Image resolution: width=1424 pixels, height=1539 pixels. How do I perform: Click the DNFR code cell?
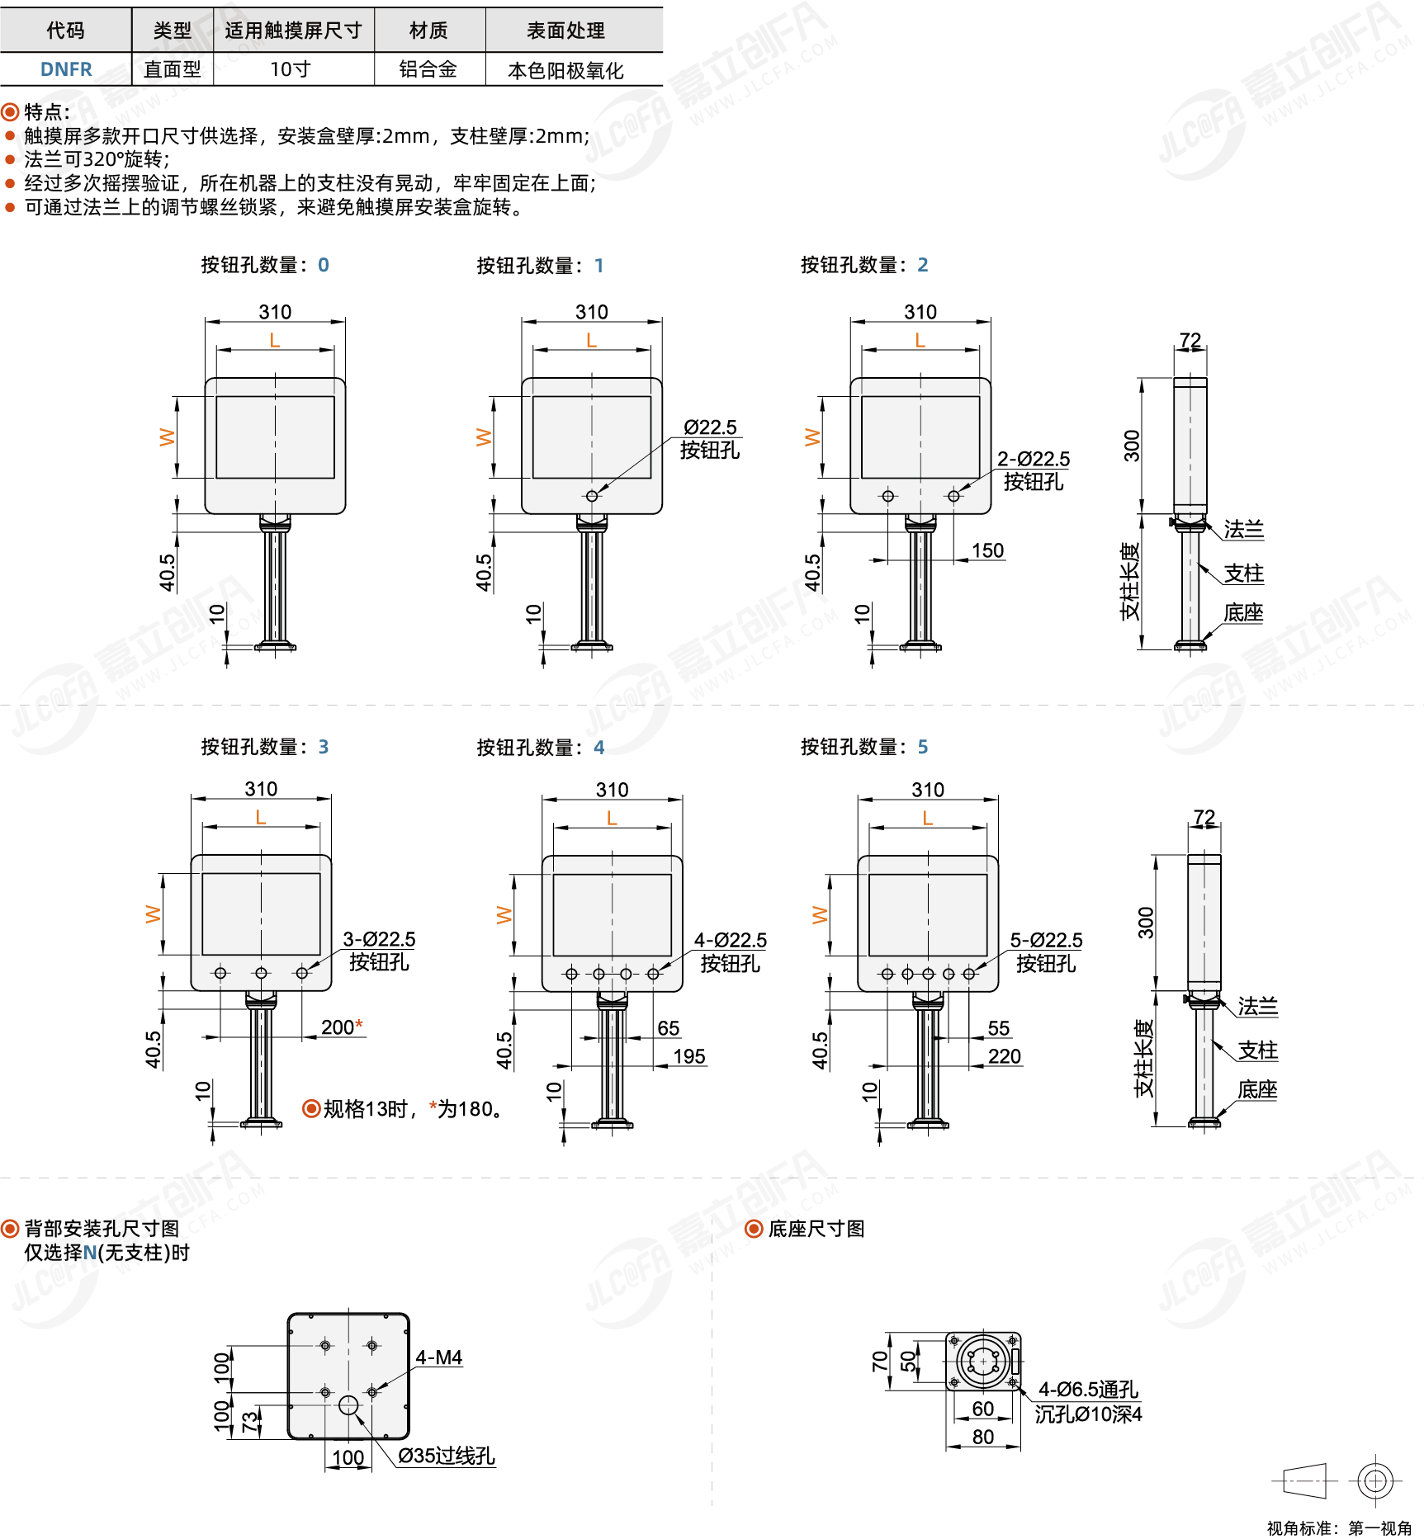pos(66,69)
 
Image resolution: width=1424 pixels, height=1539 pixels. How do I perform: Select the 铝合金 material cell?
pos(428,69)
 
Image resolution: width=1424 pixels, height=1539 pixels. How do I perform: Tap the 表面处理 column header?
pos(566,31)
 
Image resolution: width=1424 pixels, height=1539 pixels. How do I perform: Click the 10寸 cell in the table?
pos(291,69)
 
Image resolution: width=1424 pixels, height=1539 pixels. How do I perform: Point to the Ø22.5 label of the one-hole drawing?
pos(710,427)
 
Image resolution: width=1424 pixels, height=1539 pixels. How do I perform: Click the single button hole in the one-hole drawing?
pos(592,496)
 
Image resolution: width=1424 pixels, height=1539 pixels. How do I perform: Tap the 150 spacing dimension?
pos(987,550)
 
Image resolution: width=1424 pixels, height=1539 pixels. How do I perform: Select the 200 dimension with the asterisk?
pos(342,1027)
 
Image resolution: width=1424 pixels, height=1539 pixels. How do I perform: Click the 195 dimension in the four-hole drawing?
pos(689,1056)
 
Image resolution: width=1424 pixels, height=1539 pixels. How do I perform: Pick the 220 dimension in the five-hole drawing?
pos(1005,1056)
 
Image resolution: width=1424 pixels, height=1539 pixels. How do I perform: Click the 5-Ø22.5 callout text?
pos(1046,940)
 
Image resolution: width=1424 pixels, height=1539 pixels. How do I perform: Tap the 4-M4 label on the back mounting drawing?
pos(438,1357)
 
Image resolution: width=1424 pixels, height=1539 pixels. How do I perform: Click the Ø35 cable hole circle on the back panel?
pos(349,1404)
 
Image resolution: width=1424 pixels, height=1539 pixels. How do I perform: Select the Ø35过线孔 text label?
pos(447,1456)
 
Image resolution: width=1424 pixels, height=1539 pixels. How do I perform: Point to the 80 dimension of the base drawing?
pos(983,1437)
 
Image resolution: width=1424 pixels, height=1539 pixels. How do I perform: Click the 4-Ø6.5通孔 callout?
pos(1088,1390)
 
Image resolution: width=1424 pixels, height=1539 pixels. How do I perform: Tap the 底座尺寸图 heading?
pos(816,1229)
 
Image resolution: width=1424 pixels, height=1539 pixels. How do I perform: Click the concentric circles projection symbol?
pos(1375,1481)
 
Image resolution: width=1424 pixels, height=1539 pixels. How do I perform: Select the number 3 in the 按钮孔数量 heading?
pos(324,747)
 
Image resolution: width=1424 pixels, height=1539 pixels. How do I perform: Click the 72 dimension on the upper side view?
pos(1190,340)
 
